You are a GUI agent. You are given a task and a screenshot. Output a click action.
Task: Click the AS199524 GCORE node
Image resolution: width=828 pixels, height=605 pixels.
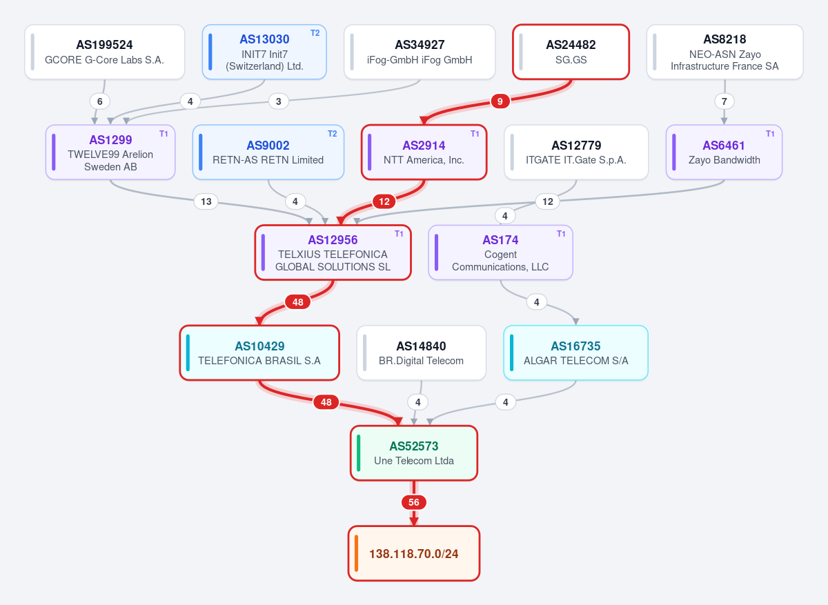point(105,52)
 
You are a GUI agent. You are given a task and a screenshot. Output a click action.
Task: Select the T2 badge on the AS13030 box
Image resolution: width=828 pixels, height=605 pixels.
point(315,33)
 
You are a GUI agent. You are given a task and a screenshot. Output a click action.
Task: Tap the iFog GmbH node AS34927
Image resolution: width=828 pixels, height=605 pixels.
point(420,52)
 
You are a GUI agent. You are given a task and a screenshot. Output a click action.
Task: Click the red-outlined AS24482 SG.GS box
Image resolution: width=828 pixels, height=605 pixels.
point(571,52)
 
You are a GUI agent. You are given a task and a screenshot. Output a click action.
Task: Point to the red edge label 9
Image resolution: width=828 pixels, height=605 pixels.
point(500,101)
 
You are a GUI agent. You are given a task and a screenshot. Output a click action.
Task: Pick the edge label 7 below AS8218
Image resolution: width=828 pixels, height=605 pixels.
point(724,101)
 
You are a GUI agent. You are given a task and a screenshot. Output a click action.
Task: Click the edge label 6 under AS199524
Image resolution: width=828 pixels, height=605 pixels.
point(99,101)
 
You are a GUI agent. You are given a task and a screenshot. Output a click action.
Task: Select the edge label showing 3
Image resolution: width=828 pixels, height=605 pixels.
point(278,101)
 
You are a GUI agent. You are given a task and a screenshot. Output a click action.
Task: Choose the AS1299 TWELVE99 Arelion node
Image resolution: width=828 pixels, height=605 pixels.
point(110,152)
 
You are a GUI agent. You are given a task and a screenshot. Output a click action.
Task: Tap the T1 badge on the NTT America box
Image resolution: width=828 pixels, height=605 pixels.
point(475,134)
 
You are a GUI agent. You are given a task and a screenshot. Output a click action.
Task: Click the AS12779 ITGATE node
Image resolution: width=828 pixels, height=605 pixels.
point(576,152)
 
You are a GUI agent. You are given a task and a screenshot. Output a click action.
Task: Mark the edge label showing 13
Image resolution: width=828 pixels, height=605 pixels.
point(206,201)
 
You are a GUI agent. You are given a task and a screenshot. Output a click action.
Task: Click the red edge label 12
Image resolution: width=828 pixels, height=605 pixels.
point(384,201)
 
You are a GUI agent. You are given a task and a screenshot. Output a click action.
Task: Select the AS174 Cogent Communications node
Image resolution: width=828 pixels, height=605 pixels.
point(500,252)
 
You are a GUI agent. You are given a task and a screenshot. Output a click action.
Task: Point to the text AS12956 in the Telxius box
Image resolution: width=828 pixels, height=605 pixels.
point(333,240)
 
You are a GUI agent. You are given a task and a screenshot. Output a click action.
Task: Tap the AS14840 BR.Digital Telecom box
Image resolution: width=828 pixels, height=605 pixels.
point(421,353)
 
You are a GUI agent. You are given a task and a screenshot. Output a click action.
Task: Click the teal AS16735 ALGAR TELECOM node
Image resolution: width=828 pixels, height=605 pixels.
point(575,353)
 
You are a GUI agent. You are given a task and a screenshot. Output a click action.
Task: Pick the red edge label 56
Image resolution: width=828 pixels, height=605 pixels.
point(413,502)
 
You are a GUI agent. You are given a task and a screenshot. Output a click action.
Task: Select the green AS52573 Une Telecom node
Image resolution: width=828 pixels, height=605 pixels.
point(413,453)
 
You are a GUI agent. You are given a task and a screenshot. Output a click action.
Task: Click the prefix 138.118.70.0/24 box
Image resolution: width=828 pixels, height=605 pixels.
point(413,553)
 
